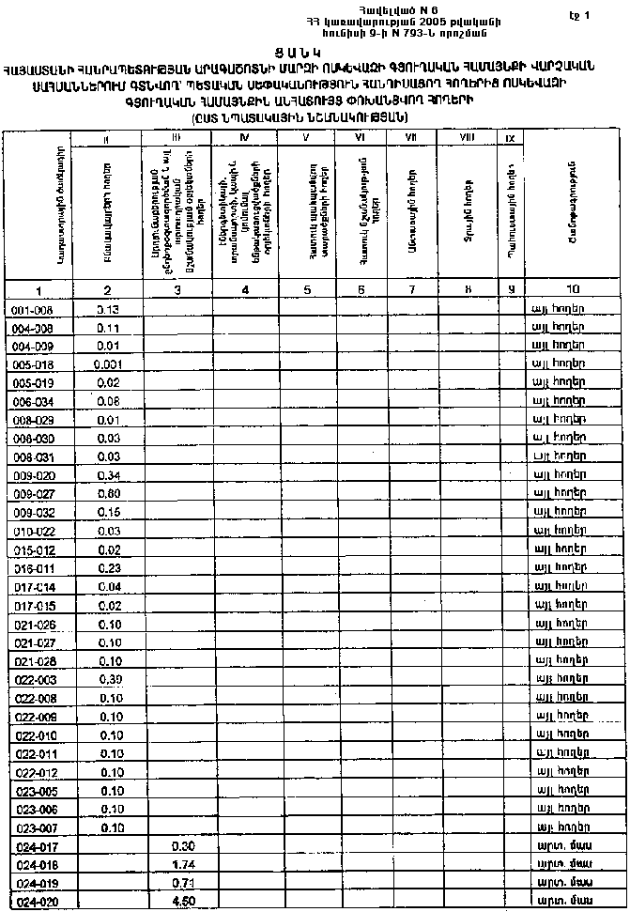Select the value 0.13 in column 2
108,309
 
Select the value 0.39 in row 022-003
110,678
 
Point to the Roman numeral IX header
510,138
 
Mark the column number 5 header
308,289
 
